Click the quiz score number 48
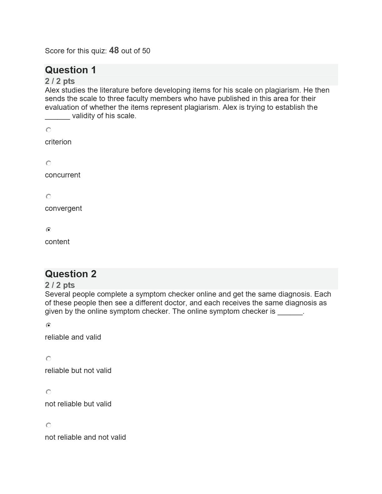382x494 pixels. click(x=114, y=51)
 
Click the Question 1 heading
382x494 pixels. click(x=71, y=70)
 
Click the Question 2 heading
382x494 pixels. click(x=71, y=274)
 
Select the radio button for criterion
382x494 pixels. click(x=48, y=130)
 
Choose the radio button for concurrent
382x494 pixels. click(x=48, y=163)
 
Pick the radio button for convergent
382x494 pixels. click(x=48, y=196)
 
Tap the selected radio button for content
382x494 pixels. click(x=48, y=230)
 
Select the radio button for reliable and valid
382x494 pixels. click(x=48, y=325)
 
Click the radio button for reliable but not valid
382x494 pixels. click(x=48, y=359)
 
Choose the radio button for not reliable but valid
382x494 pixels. click(x=48, y=392)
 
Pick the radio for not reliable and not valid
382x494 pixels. click(x=48, y=425)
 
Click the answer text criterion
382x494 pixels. click(x=58, y=142)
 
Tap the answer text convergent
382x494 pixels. click(x=63, y=208)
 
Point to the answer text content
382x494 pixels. click(x=57, y=242)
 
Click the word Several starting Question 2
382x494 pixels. click(x=57, y=294)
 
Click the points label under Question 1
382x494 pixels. click(x=60, y=81)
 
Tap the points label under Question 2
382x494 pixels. click(x=60, y=285)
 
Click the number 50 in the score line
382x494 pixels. click(x=146, y=51)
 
